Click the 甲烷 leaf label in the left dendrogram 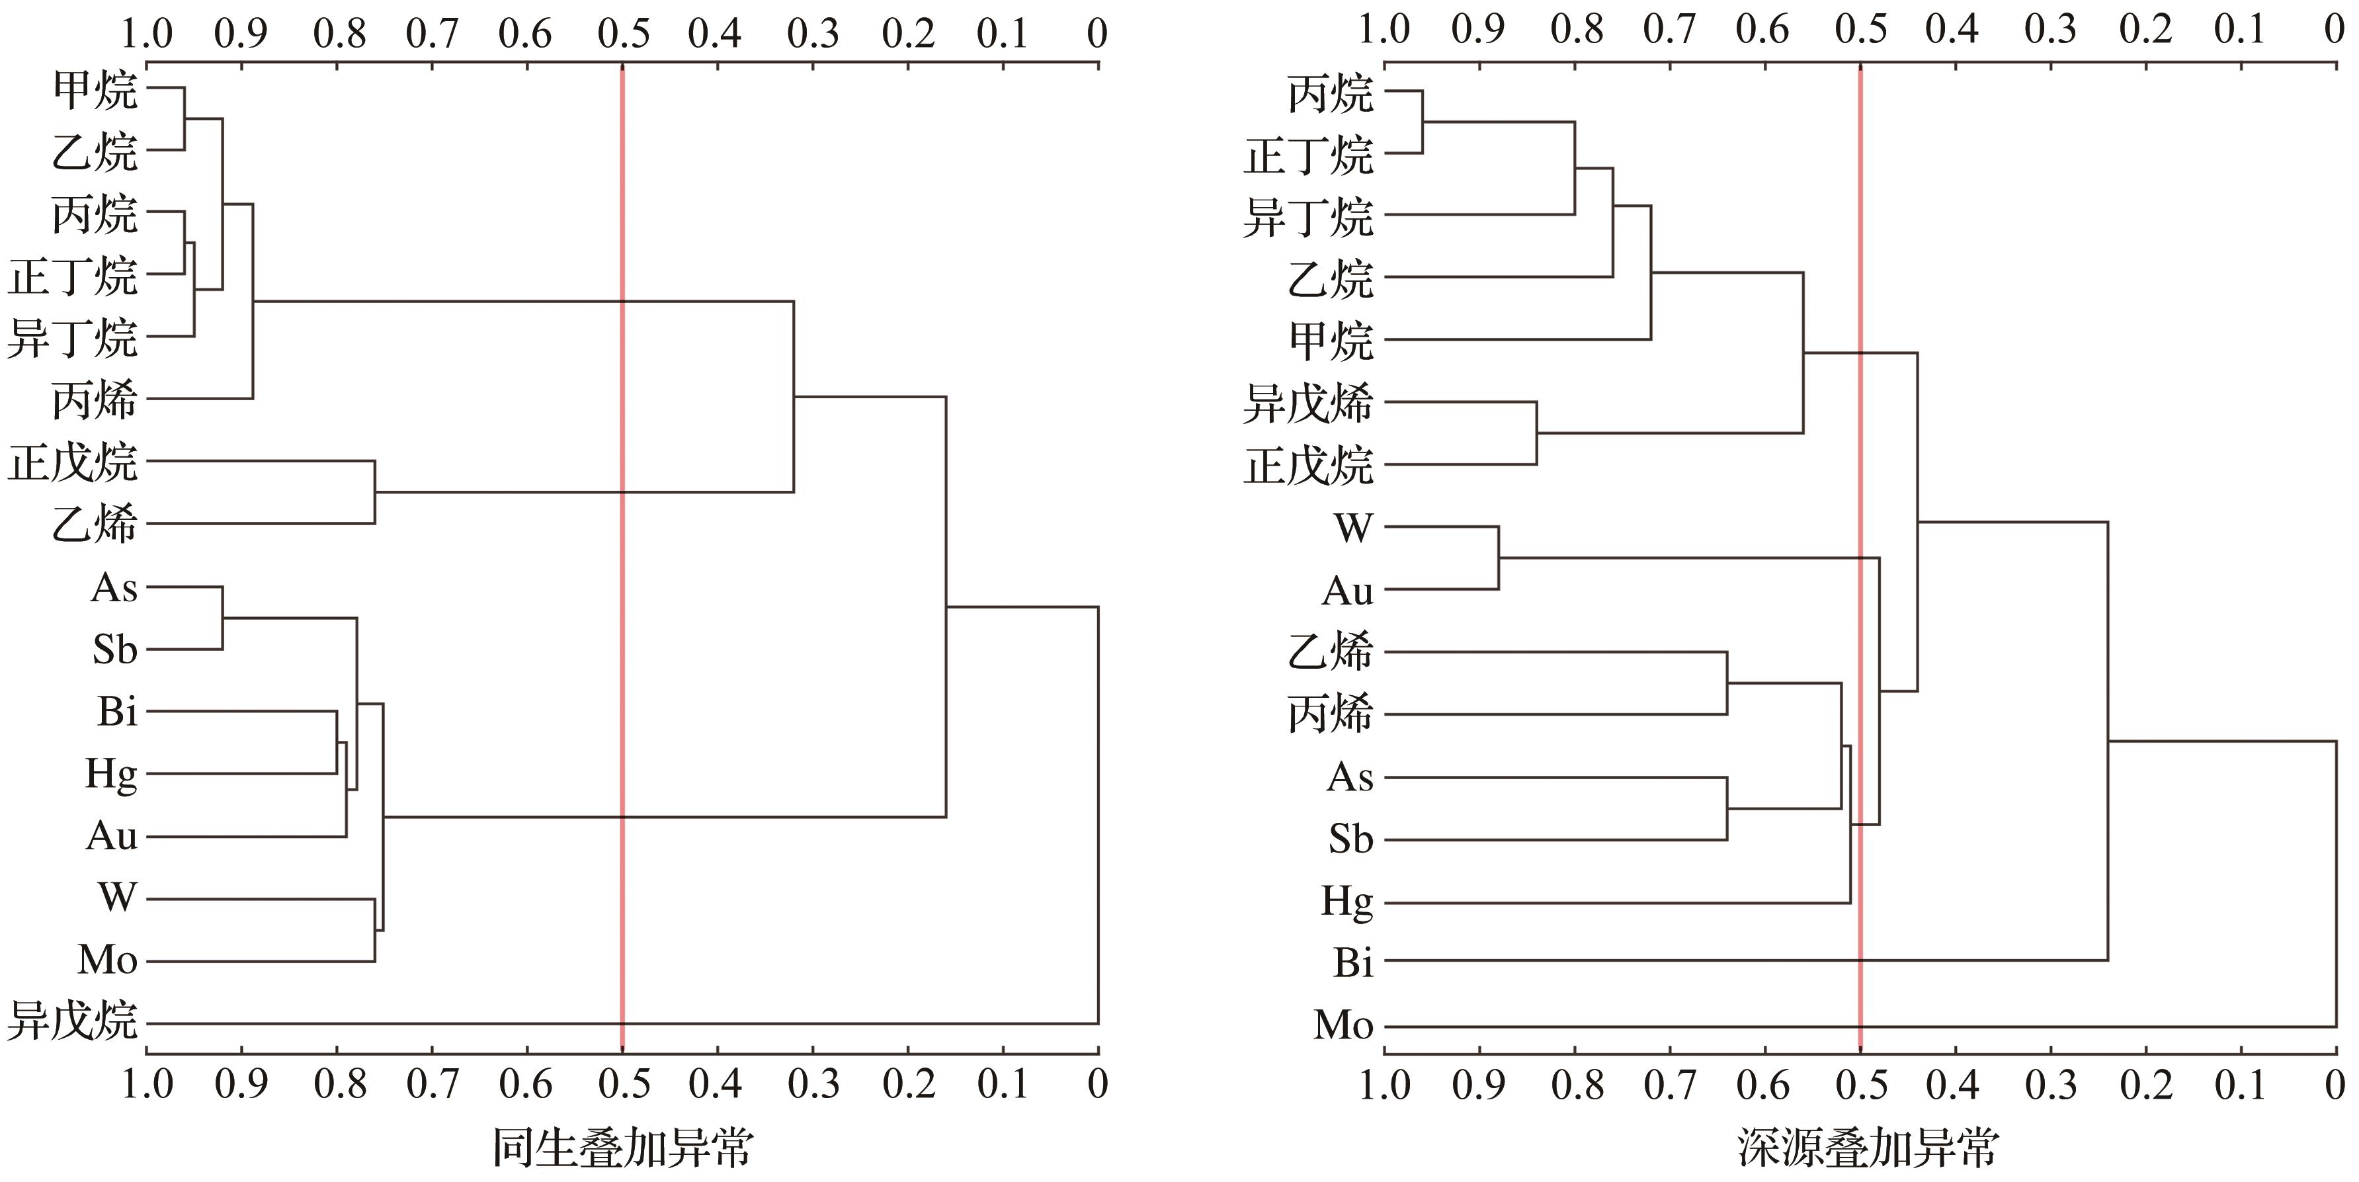click(95, 90)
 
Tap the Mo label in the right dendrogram click(1343, 1025)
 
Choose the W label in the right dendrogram click(1354, 528)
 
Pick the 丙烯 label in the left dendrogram click(95, 400)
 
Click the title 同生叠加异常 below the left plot click(623, 1147)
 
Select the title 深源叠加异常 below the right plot click(1868, 1147)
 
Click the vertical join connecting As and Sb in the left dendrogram click(222, 618)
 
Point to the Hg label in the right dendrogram click(1347, 902)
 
